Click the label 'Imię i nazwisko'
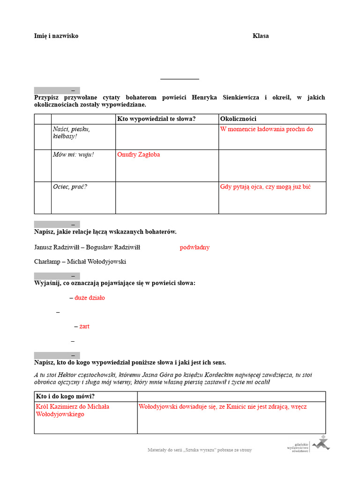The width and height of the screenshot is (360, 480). pyautogui.click(x=56, y=36)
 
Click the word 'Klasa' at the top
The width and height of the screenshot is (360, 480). pyautogui.click(x=261, y=36)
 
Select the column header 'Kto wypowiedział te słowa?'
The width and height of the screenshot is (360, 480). pyautogui.click(x=156, y=119)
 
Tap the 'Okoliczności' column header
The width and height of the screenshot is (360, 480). pyautogui.click(x=238, y=119)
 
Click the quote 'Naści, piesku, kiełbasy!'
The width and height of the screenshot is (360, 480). pyautogui.click(x=71, y=133)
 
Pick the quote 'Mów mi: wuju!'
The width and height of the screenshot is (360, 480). pyautogui.click(x=73, y=155)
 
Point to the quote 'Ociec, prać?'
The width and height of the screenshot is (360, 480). pyautogui.click(x=70, y=187)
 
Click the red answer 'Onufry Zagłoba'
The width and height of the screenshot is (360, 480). pyautogui.click(x=138, y=155)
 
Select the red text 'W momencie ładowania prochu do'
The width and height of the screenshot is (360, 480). pyautogui.click(x=266, y=129)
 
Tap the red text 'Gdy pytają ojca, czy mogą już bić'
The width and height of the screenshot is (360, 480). pyautogui.click(x=265, y=187)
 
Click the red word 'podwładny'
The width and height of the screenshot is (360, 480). pyautogui.click(x=195, y=247)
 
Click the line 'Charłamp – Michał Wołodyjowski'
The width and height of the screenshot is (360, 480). pyautogui.click(x=80, y=262)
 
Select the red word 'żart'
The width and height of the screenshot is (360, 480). pyautogui.click(x=84, y=326)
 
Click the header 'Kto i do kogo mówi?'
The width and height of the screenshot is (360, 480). pyautogui.click(x=65, y=397)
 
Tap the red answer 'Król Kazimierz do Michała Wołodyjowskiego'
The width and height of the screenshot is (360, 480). pyautogui.click(x=72, y=411)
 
